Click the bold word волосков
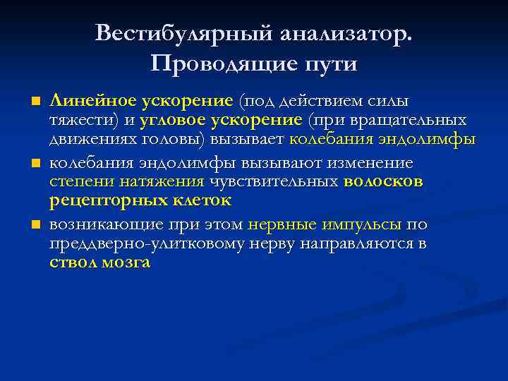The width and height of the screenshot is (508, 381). tap(383, 182)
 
